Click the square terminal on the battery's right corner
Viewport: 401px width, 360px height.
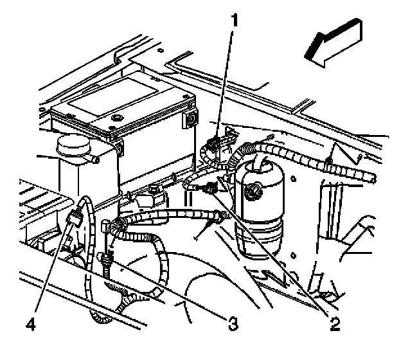coord(190,120)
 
